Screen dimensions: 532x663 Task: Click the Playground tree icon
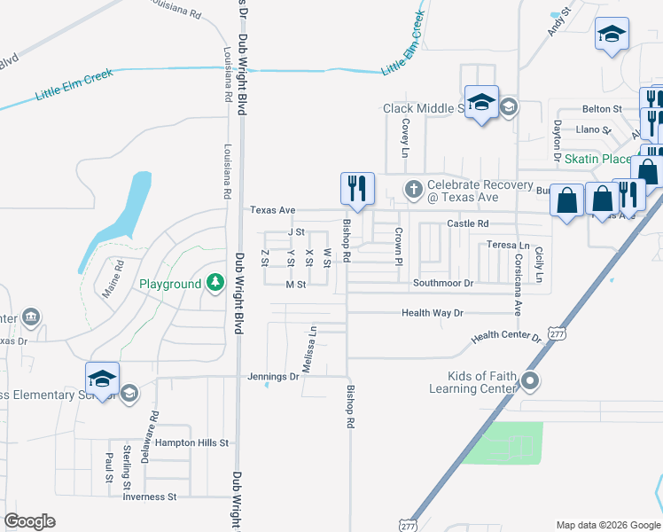click(x=214, y=283)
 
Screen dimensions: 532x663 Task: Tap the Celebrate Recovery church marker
click(x=413, y=188)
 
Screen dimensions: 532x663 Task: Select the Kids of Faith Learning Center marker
click(x=530, y=382)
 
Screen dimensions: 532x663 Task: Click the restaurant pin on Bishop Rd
click(x=358, y=189)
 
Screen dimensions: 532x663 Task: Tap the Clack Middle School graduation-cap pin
click(x=481, y=104)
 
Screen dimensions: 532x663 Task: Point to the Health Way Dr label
click(x=433, y=313)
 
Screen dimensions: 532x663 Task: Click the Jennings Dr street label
click(x=273, y=377)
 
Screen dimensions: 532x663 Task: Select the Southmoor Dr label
click(x=444, y=284)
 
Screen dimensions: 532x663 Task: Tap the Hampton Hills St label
click(x=191, y=442)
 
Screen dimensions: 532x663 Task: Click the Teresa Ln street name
click(x=508, y=245)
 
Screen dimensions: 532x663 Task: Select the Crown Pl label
click(x=399, y=246)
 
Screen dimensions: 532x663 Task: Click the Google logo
click(x=29, y=521)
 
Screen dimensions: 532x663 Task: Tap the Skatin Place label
click(x=598, y=159)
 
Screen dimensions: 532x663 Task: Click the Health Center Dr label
click(x=505, y=337)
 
